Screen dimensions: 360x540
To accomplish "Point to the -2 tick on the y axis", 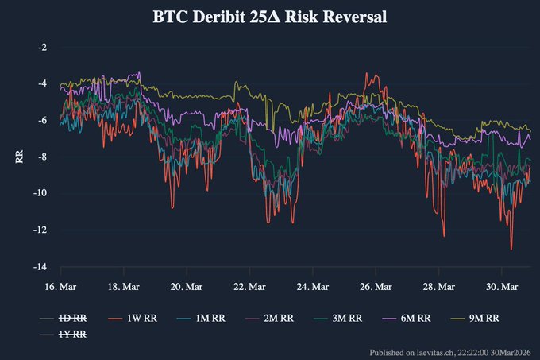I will click(42, 47).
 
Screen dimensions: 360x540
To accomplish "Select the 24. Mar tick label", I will click(312, 286).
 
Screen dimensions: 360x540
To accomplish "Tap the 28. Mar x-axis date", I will click(439, 286).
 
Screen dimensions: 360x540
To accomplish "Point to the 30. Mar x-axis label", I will click(501, 286).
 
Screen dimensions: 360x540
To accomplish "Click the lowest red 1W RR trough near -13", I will click(511, 249).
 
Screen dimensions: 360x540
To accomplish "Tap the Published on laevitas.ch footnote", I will click(451, 351).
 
